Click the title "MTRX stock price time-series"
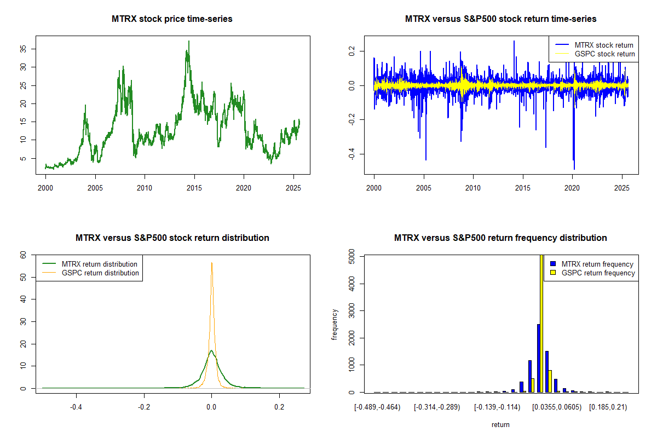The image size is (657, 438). coord(172,19)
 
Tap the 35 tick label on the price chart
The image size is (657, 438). coord(24,49)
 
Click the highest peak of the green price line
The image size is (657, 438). coord(189,42)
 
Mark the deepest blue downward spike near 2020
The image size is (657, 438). coord(574,169)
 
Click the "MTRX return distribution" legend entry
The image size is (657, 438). coord(100,264)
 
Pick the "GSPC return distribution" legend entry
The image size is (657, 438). coord(100,273)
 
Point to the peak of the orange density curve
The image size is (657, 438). coord(211,263)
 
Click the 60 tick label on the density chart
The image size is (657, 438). coord(24,255)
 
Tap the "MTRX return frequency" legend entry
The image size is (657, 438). coord(597,264)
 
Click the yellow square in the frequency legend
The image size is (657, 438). coord(553,273)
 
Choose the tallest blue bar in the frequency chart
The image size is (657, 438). coord(538,358)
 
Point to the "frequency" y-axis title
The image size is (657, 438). coord(335,324)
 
